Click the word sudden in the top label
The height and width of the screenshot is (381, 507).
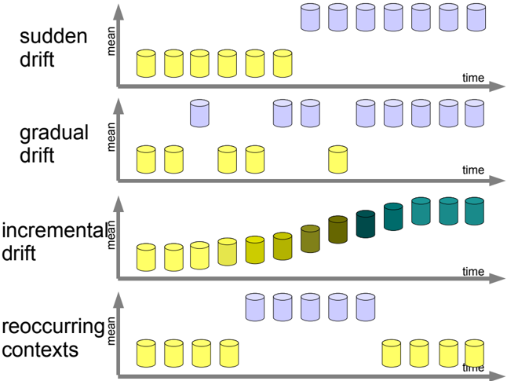[x=53, y=36]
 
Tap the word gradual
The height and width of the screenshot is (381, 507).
[x=54, y=133]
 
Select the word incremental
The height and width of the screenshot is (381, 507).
[x=54, y=230]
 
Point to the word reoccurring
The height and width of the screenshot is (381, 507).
[x=53, y=327]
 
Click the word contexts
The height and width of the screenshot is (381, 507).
[x=40, y=350]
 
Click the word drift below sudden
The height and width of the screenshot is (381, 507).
[x=37, y=59]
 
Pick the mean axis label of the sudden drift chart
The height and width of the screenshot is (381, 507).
[x=111, y=42]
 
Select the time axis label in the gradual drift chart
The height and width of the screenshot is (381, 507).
[x=473, y=170]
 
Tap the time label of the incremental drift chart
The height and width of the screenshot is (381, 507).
[x=473, y=271]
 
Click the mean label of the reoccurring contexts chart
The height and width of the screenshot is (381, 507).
[x=111, y=331]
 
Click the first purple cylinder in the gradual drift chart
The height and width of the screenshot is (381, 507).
[x=199, y=113]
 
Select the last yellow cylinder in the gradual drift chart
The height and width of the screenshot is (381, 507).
[x=338, y=159]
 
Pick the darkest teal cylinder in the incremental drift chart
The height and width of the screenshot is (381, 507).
[x=366, y=224]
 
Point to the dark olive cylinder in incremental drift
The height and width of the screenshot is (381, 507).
[x=338, y=229]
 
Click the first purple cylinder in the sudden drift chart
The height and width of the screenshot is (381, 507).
[x=311, y=17]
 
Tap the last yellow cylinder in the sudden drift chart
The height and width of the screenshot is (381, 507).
[x=283, y=64]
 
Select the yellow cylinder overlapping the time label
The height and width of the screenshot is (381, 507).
[x=474, y=354]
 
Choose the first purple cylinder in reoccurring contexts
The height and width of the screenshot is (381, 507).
[x=255, y=307]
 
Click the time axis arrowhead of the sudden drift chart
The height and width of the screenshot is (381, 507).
[x=497, y=86]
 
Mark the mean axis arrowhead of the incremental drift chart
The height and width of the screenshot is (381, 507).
[x=119, y=204]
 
